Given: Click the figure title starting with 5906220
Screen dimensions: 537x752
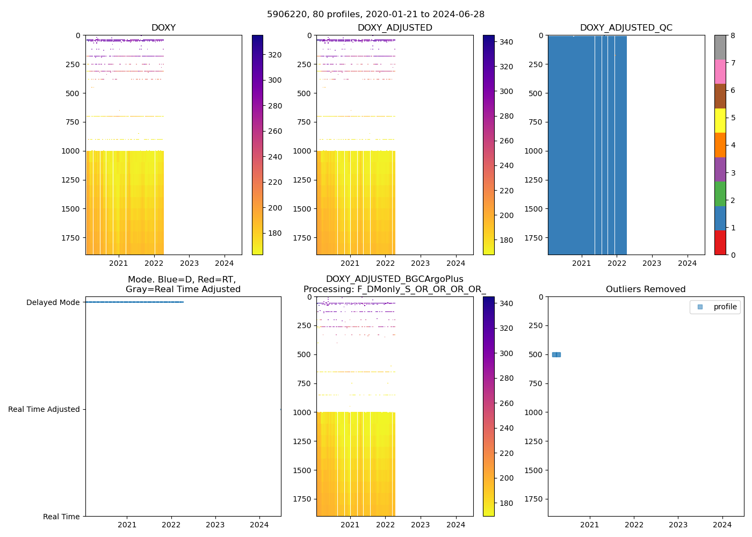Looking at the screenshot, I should [x=375, y=14].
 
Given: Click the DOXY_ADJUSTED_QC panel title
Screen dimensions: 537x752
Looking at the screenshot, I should [x=626, y=28].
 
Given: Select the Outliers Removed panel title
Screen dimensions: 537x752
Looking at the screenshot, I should [x=645, y=289].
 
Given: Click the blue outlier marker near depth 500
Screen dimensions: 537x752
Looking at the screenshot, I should [x=556, y=354].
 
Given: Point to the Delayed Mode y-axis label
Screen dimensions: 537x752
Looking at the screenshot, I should [x=53, y=302].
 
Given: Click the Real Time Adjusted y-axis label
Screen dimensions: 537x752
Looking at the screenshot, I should [x=44, y=409].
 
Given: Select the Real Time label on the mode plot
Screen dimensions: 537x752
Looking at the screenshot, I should [x=61, y=517].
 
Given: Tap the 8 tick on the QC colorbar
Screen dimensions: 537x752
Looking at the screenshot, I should [x=733, y=35].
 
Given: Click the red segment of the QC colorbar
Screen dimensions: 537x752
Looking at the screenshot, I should [x=720, y=243].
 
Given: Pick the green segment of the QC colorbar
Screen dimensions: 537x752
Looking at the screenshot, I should [x=720, y=194].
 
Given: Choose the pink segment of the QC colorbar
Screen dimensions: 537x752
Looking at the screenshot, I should [x=720, y=71].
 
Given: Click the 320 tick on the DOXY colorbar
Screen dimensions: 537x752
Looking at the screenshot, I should [x=275, y=55].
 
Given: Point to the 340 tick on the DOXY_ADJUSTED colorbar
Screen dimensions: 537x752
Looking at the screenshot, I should [x=506, y=42].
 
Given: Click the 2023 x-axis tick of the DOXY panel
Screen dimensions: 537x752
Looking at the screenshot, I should [x=189, y=263].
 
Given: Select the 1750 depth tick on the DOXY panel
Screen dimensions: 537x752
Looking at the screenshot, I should [x=71, y=238].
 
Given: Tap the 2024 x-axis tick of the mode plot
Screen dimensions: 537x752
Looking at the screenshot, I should [x=259, y=525].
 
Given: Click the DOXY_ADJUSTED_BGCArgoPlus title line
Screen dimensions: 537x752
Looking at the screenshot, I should [x=394, y=279].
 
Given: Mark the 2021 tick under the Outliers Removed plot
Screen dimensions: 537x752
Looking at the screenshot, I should [x=590, y=525].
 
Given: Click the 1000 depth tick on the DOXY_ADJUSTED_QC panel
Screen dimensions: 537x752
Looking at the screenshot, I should [x=533, y=151].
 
